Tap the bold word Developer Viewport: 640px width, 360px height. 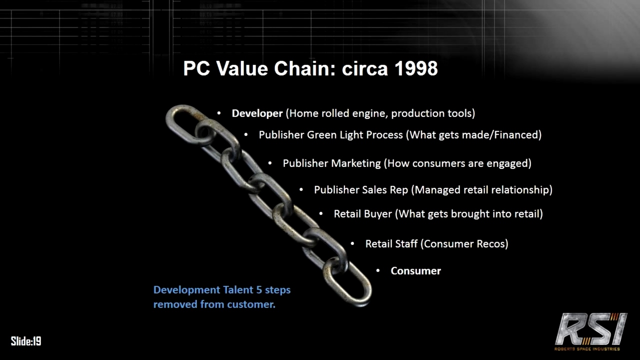pyautogui.click(x=257, y=113)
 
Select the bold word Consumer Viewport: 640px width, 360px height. pyautogui.click(x=415, y=271)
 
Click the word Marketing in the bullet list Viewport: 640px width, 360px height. pyautogui.click(x=356, y=163)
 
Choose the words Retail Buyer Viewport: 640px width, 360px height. pyautogui.click(x=363, y=214)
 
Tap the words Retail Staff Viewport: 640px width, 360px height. pyautogui.click(x=391, y=244)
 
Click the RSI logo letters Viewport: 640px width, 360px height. pyautogui.click(x=591, y=329)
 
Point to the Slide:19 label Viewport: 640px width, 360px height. pyautogui.click(x=26, y=341)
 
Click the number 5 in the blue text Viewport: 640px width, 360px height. pyautogui.click(x=259, y=290)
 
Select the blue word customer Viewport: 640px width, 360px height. pyautogui.click(x=251, y=304)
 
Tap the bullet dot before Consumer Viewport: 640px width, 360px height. pyautogui.click(x=378, y=270)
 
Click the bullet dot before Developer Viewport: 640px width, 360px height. pyautogui.click(x=219, y=113)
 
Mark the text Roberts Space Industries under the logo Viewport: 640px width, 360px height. pyautogui.click(x=587, y=349)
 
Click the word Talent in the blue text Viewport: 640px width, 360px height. pyautogui.click(x=238, y=290)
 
